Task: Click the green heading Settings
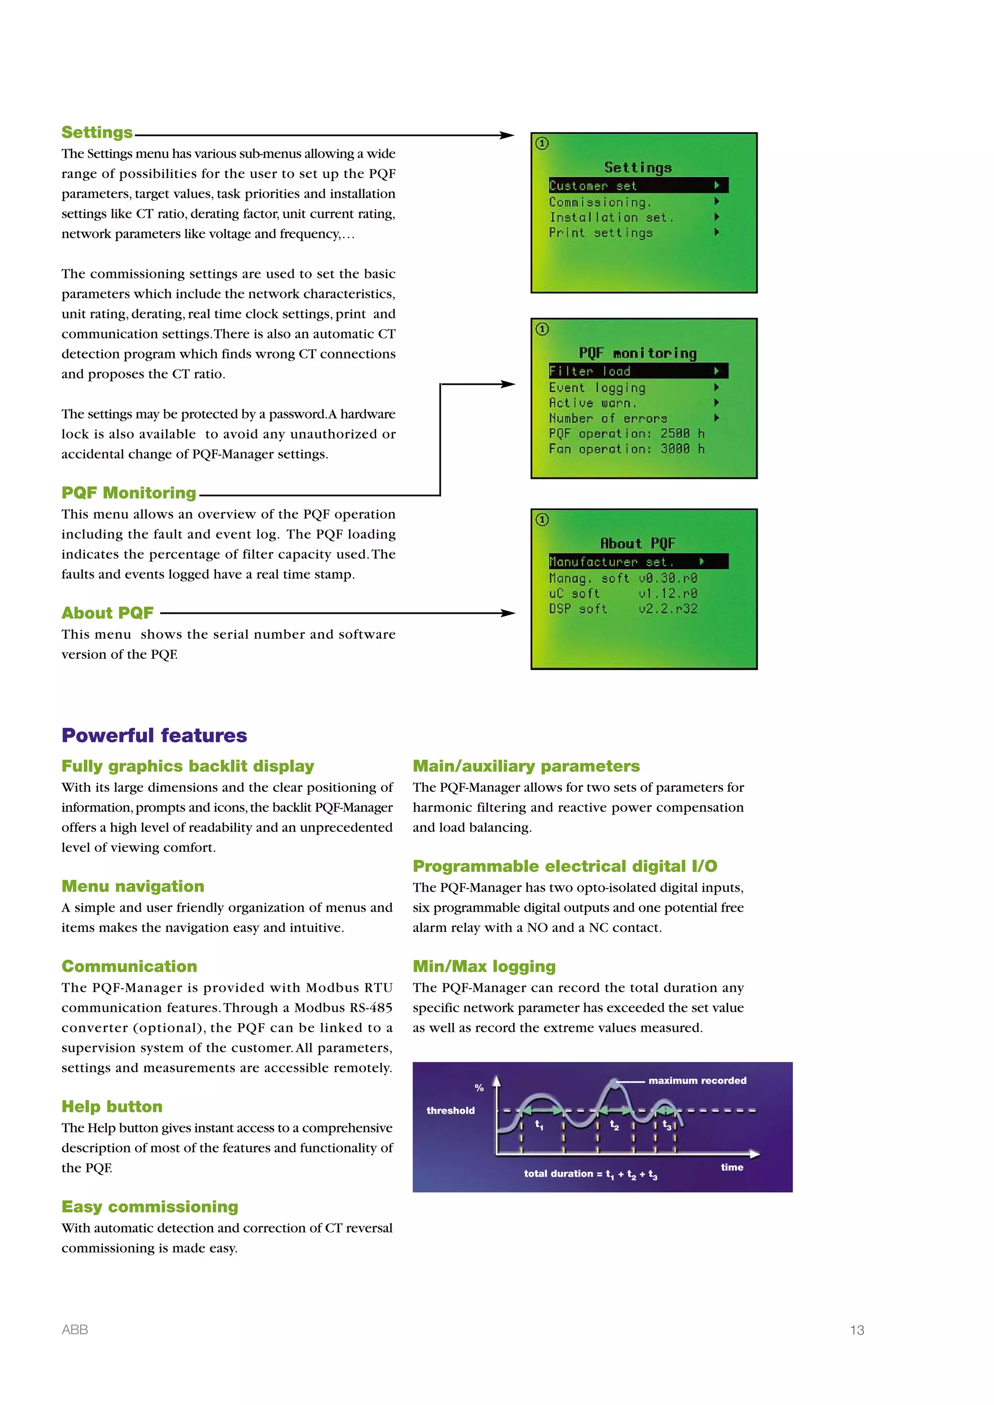97,133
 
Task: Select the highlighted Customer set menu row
638,185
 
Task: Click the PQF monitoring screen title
638,353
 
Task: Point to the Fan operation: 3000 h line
626,449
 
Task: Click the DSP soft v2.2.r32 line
623,609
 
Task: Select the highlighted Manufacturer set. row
638,562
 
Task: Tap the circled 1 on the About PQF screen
542,520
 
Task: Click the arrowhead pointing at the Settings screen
507,135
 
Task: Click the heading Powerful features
154,735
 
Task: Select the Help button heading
112,1106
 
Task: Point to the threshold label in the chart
450,1111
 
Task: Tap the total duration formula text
590,1174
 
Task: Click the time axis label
731,1168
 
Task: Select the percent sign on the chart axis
479,1088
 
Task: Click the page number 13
857,1330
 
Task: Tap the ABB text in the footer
75,1329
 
